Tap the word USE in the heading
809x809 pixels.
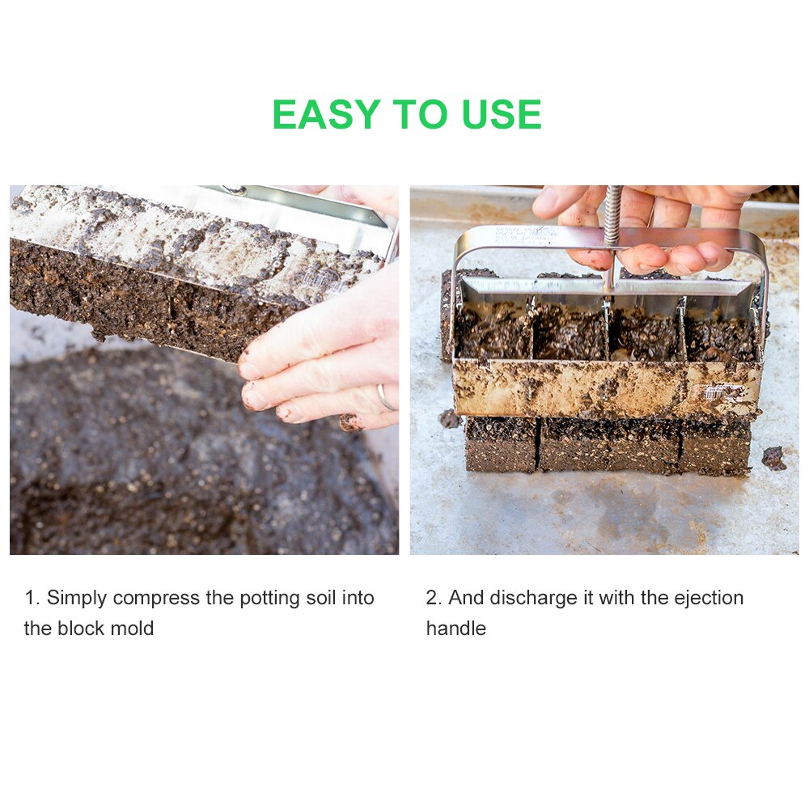coord(502,115)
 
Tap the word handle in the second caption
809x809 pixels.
coord(455,629)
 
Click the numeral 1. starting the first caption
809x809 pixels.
coord(32,599)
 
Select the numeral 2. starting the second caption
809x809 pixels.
coord(434,599)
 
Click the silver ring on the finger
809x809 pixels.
coord(386,397)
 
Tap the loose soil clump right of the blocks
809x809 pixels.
coord(773,458)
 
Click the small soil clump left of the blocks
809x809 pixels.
coord(450,419)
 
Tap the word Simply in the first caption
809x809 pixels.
coord(77,599)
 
